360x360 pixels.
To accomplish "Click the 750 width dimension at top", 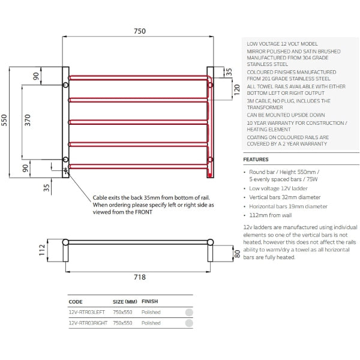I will [x=139, y=31].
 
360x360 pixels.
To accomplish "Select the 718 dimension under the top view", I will [x=139, y=277].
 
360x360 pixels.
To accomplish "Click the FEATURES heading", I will [x=256, y=160].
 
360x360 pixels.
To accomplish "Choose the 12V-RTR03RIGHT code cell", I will [x=88, y=323].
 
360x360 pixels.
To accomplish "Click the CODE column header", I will [x=76, y=302].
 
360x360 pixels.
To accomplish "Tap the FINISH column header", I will [x=149, y=302].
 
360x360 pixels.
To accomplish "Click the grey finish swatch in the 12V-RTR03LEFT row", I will [x=189, y=313].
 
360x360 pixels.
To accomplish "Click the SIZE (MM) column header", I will [x=124, y=302].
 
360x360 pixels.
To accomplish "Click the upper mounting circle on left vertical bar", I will [x=66, y=85].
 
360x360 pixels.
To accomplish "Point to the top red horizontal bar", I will [x=138, y=77].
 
